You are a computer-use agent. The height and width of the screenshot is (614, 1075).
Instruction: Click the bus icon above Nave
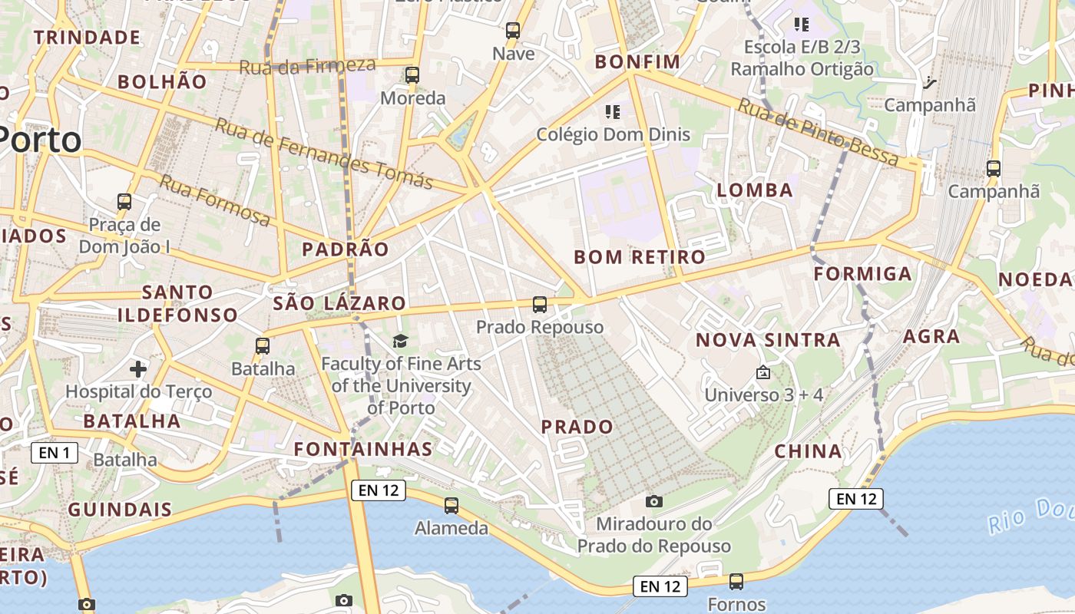[x=513, y=31]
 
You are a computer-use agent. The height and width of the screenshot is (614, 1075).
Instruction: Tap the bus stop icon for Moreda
[x=412, y=74]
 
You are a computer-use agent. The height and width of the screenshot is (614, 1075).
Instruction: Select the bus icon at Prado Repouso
[x=540, y=305]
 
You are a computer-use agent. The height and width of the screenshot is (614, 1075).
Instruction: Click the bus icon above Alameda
[x=451, y=506]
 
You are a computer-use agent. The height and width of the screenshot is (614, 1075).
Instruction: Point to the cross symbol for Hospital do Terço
[x=138, y=369]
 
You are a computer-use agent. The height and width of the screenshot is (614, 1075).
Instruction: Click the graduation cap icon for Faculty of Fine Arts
[x=400, y=341]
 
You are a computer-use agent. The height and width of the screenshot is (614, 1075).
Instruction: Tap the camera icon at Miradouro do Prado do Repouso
[x=654, y=501]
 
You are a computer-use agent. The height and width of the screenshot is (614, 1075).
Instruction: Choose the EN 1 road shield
[x=55, y=453]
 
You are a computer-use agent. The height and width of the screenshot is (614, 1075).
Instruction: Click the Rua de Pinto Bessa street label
[x=818, y=131]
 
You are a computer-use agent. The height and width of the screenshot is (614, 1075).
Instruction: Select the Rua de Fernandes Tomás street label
[x=324, y=153]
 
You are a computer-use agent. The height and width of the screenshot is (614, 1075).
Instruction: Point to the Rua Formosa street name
[x=215, y=200]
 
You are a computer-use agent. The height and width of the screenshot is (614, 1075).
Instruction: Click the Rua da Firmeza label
[x=307, y=66]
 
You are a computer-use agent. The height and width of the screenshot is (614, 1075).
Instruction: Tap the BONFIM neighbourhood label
[x=638, y=61]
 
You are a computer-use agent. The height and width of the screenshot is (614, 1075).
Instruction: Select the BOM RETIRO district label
[x=640, y=257]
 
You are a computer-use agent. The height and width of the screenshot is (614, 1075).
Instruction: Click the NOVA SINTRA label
[x=768, y=340]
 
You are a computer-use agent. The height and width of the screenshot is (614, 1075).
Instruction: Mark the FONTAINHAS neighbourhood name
[x=364, y=448]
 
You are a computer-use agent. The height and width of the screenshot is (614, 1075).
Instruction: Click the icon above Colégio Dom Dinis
[x=613, y=112]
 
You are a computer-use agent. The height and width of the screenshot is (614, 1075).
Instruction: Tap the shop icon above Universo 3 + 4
[x=763, y=372]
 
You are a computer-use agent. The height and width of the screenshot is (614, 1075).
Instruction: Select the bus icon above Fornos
[x=736, y=582]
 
